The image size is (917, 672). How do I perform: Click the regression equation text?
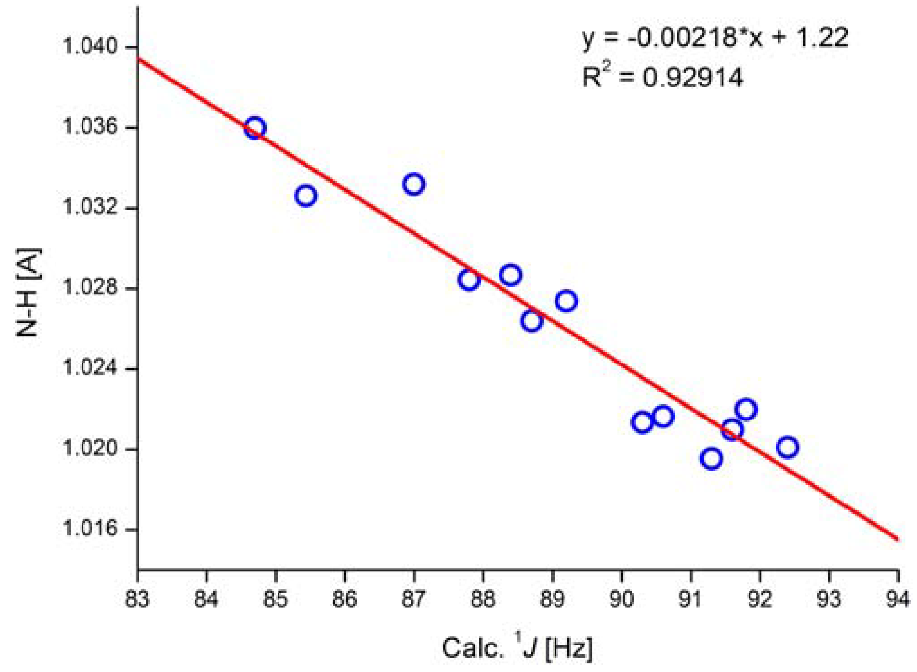[715, 38]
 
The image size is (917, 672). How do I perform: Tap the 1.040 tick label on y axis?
[91, 47]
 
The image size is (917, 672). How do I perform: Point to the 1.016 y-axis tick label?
[91, 529]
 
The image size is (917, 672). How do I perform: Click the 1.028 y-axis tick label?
[91, 288]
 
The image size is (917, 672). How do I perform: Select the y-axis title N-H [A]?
[28, 293]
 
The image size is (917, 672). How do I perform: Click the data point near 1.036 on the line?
[255, 128]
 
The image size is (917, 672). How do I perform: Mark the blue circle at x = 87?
[414, 185]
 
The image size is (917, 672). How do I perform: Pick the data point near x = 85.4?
[306, 196]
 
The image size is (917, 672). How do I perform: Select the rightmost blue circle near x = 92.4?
[787, 447]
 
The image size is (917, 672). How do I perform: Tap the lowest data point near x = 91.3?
[711, 459]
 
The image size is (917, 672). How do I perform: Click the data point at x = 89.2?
[566, 301]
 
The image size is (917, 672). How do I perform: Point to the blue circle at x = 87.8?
[469, 280]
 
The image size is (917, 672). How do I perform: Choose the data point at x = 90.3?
[642, 422]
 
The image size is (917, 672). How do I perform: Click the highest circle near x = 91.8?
[746, 409]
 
